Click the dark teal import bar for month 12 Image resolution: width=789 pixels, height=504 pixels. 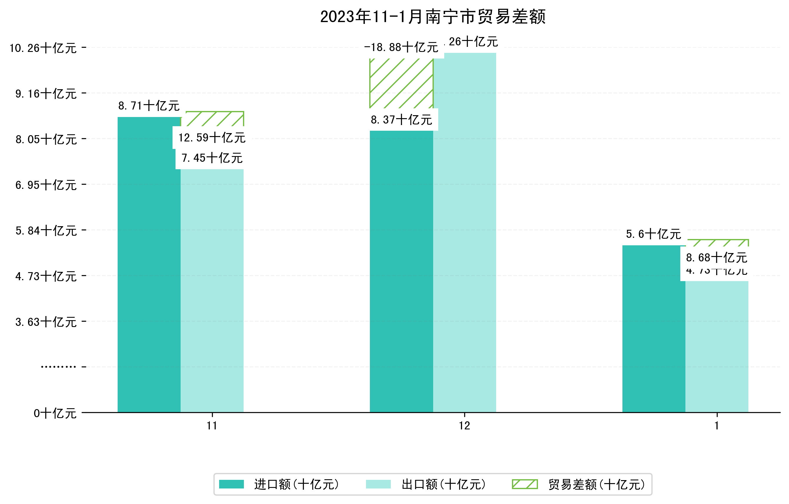click(402, 272)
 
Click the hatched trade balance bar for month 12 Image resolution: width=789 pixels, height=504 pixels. click(402, 84)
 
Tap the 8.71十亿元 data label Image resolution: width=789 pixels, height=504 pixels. click(149, 106)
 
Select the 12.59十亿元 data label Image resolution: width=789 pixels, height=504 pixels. click(212, 138)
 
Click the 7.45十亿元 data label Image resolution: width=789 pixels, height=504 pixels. click(212, 158)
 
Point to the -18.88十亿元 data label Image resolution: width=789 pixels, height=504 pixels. click(401, 47)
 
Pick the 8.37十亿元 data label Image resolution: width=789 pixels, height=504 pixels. click(402, 120)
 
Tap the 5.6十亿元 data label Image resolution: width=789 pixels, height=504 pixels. click(653, 234)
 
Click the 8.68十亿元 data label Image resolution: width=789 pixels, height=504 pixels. click(716, 258)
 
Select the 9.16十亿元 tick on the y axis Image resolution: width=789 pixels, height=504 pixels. click(46, 94)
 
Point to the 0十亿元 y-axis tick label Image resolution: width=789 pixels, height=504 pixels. click(55, 413)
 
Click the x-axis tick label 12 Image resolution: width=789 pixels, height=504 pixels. click(464, 426)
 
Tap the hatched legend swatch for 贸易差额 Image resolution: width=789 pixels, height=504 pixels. click(525, 484)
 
